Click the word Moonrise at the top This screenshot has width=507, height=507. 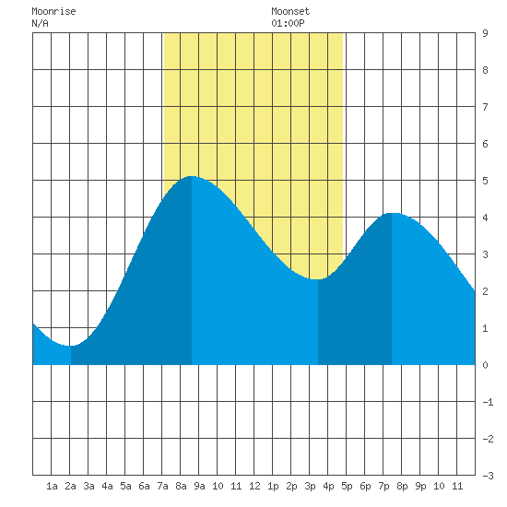tap(53, 12)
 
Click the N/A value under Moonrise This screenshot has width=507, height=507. tap(40, 23)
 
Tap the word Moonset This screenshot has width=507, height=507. tap(290, 12)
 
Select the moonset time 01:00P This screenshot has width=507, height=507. tap(288, 23)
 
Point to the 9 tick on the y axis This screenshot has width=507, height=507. tap(485, 33)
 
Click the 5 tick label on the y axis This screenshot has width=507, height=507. tap(485, 181)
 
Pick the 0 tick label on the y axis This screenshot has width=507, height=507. tap(485, 365)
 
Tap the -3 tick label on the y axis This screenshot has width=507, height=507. tap(488, 476)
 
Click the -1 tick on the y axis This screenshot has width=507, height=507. tap(488, 402)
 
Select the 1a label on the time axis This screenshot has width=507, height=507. tap(52, 486)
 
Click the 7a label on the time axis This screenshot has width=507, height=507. tap(162, 486)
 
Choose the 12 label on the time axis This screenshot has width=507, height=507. tap(254, 486)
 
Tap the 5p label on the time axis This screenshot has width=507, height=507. tap(347, 486)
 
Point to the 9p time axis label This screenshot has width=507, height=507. tap(420, 486)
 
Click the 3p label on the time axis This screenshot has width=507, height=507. tap(310, 486)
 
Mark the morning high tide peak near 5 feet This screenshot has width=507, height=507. tap(192, 177)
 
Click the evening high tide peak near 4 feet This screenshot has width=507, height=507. tap(392, 214)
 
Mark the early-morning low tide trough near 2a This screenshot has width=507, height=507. tap(71, 346)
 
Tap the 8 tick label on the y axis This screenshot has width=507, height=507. tap(485, 70)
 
